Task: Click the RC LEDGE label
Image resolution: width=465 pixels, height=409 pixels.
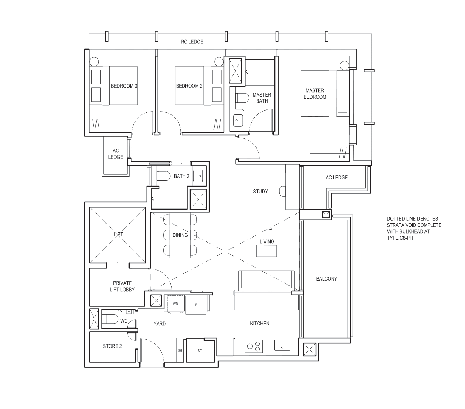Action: tap(192, 42)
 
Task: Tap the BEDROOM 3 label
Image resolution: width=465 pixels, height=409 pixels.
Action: tap(124, 86)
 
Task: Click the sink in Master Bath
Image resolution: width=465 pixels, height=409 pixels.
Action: tap(237, 121)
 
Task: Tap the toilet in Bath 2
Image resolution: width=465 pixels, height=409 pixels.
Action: tap(164, 176)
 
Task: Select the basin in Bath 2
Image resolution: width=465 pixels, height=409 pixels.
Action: tap(198, 176)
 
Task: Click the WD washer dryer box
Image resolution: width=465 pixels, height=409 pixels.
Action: tap(175, 304)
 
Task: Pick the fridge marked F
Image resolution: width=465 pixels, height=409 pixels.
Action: tap(196, 305)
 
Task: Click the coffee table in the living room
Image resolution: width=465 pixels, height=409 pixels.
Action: tap(266, 251)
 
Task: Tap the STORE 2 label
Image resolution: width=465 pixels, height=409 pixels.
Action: tap(112, 346)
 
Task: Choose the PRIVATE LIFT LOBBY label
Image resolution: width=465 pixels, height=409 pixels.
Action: tap(122, 286)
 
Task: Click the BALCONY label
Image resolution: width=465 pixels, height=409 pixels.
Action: tap(327, 279)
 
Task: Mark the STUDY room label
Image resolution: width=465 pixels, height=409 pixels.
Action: tap(260, 192)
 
